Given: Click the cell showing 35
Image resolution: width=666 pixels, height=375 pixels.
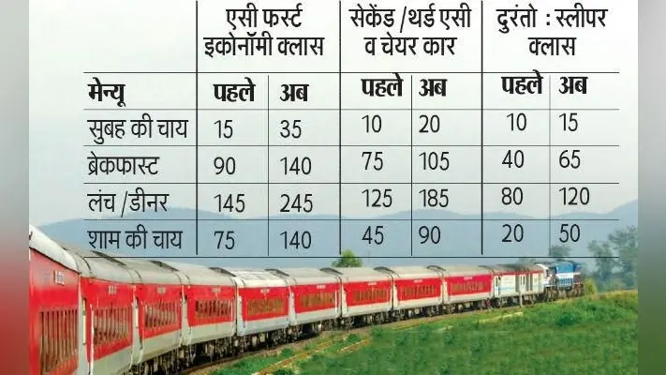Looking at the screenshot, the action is pyautogui.click(x=290, y=128).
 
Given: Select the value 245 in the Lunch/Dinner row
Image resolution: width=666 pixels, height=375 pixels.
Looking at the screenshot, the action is pyautogui.click(x=296, y=203).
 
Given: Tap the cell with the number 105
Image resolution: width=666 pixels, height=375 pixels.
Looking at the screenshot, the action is pyautogui.click(x=434, y=161).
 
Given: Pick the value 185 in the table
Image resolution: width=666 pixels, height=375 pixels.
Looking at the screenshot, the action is pyautogui.click(x=434, y=199).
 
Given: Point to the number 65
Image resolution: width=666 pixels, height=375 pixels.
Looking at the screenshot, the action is pyautogui.click(x=570, y=160).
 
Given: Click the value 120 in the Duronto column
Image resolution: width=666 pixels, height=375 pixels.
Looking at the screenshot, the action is pyautogui.click(x=574, y=197).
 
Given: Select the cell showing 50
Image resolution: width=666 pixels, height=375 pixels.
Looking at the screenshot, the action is pyautogui.click(x=570, y=233).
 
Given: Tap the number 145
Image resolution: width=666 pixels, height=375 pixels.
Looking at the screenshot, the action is pyautogui.click(x=229, y=203).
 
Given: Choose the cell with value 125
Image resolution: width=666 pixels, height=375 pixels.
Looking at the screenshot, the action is pyautogui.click(x=377, y=199).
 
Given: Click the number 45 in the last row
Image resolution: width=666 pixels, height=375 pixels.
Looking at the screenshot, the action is pyautogui.click(x=373, y=235).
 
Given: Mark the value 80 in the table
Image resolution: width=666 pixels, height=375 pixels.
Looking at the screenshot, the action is pyautogui.click(x=512, y=197).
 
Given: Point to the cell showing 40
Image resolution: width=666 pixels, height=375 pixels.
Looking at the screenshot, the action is pyautogui.click(x=512, y=160).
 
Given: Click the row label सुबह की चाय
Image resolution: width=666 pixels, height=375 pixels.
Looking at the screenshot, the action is pyautogui.click(x=137, y=127).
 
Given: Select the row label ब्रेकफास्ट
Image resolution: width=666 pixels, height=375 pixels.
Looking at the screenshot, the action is pyautogui.click(x=123, y=165).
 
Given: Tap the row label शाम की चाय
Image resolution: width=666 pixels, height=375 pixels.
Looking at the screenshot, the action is pyautogui.click(x=135, y=238).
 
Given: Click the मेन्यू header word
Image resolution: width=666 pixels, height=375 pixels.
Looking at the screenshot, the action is pyautogui.click(x=107, y=95).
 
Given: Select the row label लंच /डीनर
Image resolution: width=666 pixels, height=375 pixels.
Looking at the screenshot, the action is pyautogui.click(x=127, y=202).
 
